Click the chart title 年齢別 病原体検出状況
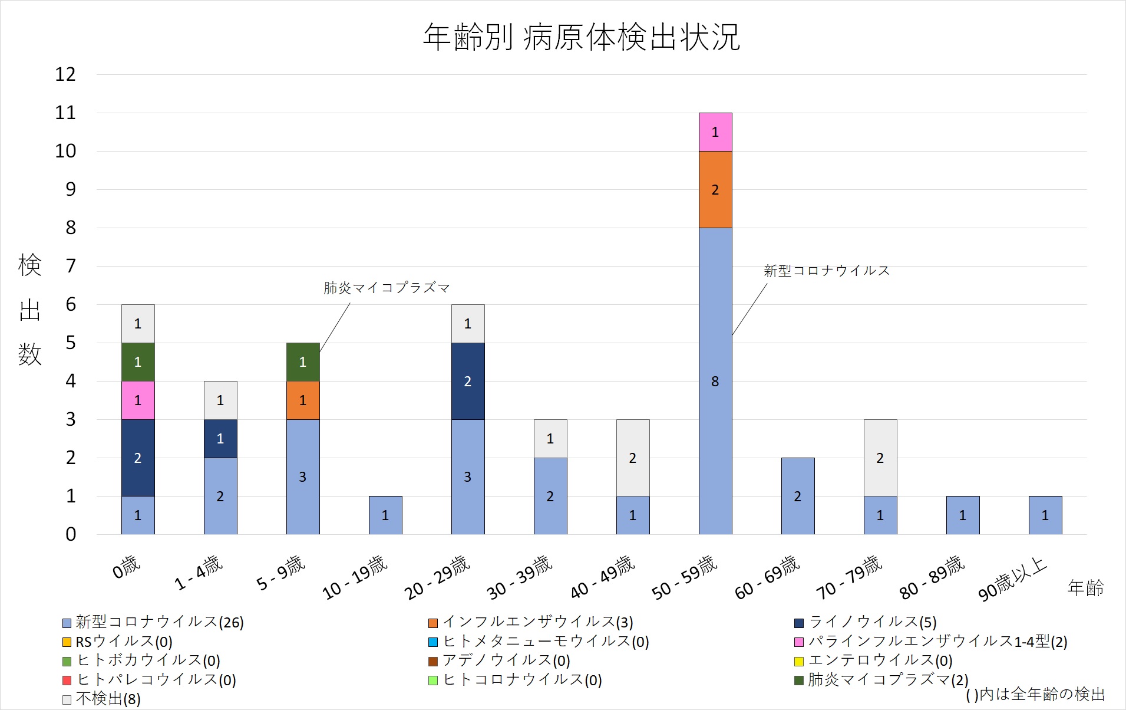[581, 37]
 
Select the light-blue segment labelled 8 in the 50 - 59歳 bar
[715, 381]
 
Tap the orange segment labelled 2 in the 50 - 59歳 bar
[715, 190]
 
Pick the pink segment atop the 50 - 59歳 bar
[715, 132]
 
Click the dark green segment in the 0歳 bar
[138, 362]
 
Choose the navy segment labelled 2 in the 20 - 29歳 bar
[468, 381]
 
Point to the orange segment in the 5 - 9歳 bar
[303, 400]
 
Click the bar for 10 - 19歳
[385, 515]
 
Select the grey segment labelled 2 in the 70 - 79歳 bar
[880, 458]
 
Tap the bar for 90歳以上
[1045, 515]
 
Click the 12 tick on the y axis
[65, 74]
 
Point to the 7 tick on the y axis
[71, 266]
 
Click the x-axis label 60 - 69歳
[768, 577]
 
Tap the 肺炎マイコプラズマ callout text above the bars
[387, 288]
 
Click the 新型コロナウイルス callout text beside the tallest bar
[827, 271]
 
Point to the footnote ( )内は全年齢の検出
[1035, 695]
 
